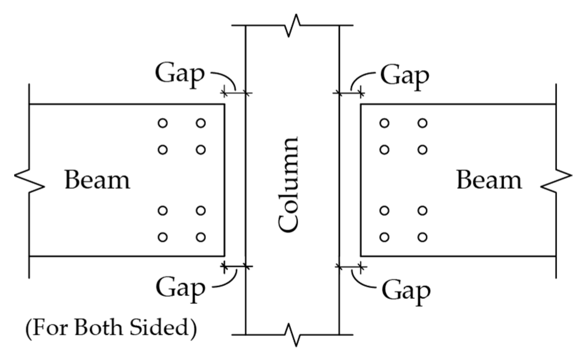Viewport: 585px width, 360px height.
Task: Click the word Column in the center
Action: (288, 185)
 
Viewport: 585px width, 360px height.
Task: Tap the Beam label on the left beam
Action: (97, 180)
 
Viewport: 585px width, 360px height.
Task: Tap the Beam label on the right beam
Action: (489, 180)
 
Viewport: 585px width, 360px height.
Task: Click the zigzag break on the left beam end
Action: (29, 180)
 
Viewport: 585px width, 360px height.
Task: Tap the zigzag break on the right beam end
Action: (556, 181)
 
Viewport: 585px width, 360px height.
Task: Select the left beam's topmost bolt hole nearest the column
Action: (201, 123)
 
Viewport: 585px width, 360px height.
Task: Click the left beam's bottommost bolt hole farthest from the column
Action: (163, 237)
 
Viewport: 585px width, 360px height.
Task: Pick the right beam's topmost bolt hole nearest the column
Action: (385, 123)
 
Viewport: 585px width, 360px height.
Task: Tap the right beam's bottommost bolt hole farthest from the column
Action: (422, 237)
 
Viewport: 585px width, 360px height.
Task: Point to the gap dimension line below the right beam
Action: (350, 266)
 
